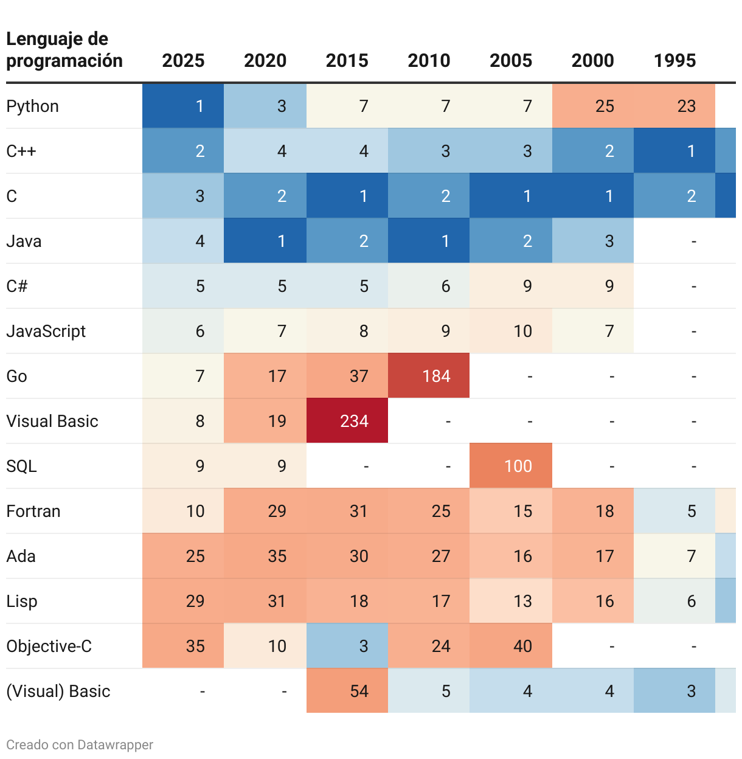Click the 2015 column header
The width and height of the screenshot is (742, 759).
click(347, 61)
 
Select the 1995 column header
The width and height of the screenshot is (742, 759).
click(674, 61)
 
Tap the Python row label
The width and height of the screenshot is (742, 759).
click(33, 106)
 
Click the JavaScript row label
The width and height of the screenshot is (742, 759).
click(46, 331)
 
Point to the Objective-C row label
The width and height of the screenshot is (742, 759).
click(49, 646)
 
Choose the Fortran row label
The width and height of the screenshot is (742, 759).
click(33, 511)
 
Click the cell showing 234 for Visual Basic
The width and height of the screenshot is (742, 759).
click(347, 421)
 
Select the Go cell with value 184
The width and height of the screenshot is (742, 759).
click(429, 376)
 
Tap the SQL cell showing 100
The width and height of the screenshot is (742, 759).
click(511, 466)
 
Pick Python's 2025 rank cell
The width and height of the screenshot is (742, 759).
click(183, 106)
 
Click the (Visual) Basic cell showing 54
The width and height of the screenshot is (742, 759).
click(347, 691)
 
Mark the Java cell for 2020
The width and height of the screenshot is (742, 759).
click(265, 241)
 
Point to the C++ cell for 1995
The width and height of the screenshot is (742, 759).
click(674, 151)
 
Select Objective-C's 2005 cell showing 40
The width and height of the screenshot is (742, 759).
click(511, 646)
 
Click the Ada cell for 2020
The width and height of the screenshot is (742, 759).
click(265, 556)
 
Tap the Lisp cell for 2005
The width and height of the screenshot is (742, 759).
click(511, 601)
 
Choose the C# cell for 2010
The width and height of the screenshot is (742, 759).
click(429, 286)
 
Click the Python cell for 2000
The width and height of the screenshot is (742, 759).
click(593, 106)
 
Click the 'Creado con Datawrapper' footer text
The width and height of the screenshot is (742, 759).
click(80, 745)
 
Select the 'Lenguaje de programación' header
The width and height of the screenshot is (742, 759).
click(64, 50)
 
